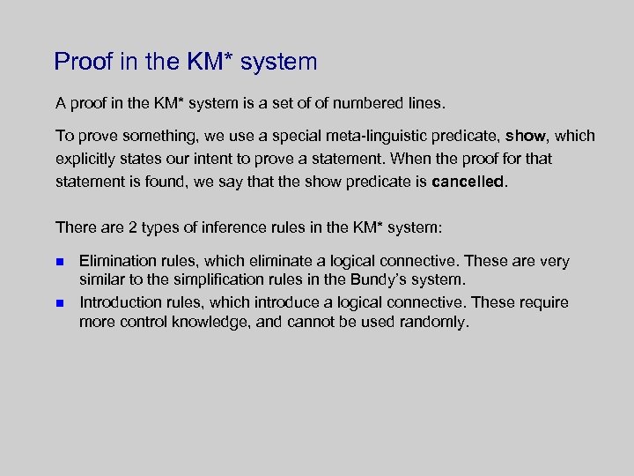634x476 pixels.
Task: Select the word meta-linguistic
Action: coord(345,136)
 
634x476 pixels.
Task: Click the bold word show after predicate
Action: coord(526,136)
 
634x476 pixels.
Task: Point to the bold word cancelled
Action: coord(469,182)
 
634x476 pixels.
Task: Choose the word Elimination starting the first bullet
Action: coord(116,262)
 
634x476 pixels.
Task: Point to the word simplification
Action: coord(223,280)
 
